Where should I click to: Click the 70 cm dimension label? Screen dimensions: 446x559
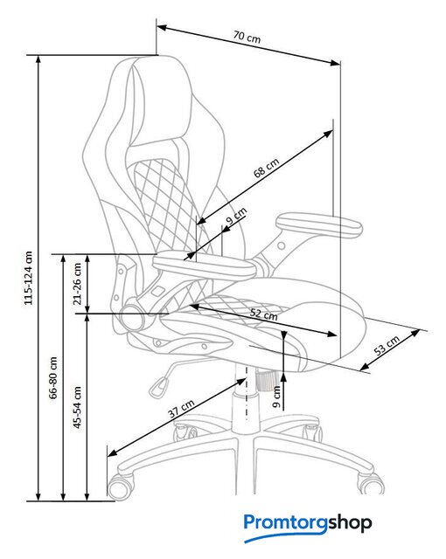247,37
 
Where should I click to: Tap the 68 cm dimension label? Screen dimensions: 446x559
266,168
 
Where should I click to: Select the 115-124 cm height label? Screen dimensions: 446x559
29,278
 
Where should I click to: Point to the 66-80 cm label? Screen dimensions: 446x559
53,377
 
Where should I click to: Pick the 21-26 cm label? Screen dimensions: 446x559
78,284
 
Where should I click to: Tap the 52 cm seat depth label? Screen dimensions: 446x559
264,314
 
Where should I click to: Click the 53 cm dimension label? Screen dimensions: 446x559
387,345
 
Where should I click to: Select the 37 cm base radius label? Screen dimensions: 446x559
181,408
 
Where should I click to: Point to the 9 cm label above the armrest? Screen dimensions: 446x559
236,216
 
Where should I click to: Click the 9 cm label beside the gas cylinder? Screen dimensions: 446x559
276,397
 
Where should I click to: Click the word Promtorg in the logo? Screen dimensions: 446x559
285,524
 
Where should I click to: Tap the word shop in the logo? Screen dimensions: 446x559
350,523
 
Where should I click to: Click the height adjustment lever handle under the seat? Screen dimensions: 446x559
159,388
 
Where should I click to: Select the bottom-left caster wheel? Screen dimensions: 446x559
122,487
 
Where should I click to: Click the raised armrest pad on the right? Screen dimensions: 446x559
319,224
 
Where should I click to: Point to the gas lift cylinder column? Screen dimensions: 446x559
246,399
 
